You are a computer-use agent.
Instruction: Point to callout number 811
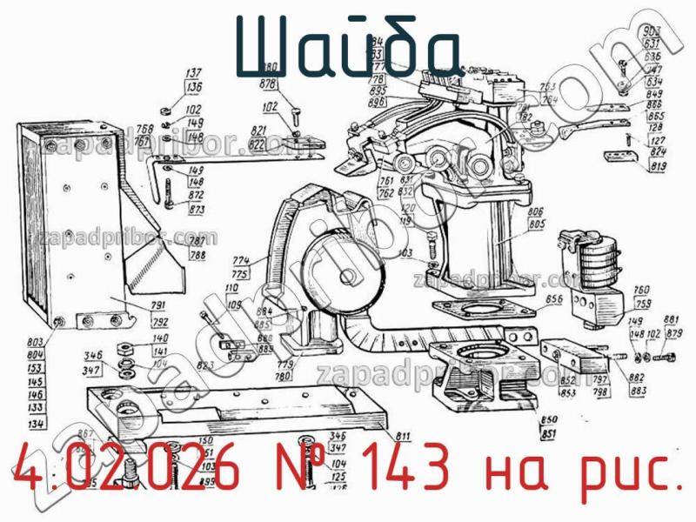tap(403, 435)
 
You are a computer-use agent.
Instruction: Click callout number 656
tap(553, 300)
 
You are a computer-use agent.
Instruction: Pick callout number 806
tap(536, 211)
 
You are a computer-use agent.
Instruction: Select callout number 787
tap(197, 242)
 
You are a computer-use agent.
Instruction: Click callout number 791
tap(159, 306)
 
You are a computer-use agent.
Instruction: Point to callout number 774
tap(241, 261)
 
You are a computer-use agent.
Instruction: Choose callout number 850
tap(549, 421)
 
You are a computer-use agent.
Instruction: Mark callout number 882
tap(637, 378)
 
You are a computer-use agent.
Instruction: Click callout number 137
tap(193, 73)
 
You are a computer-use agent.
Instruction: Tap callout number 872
tap(196, 197)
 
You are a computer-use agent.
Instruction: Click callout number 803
tap(36, 344)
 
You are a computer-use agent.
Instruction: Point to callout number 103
tap(405, 252)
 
